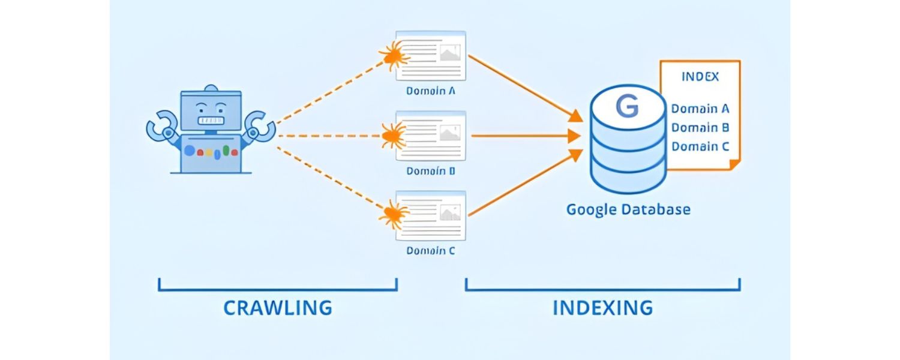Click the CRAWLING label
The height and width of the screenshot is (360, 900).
pos(277,308)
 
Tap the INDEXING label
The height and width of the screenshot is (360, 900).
pos(602,308)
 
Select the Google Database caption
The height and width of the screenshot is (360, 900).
pos(628,210)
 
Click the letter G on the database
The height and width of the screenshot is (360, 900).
pos(627,108)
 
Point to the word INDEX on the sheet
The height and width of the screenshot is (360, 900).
pos(700,77)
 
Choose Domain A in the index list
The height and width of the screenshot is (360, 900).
pos(700,109)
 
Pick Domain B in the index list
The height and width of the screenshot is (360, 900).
pos(700,127)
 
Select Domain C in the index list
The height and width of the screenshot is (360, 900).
pos(700,146)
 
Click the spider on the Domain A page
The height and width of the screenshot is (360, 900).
pos(394,56)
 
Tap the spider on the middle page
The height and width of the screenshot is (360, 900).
pos(394,136)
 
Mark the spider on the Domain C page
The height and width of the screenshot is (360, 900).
pos(394,214)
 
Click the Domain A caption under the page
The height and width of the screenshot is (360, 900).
pos(431,91)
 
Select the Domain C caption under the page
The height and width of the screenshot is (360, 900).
pos(431,251)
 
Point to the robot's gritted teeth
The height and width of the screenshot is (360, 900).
pos(211,121)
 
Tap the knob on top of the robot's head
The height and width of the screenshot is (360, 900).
pos(211,89)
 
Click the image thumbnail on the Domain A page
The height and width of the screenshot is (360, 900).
pos(449,55)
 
